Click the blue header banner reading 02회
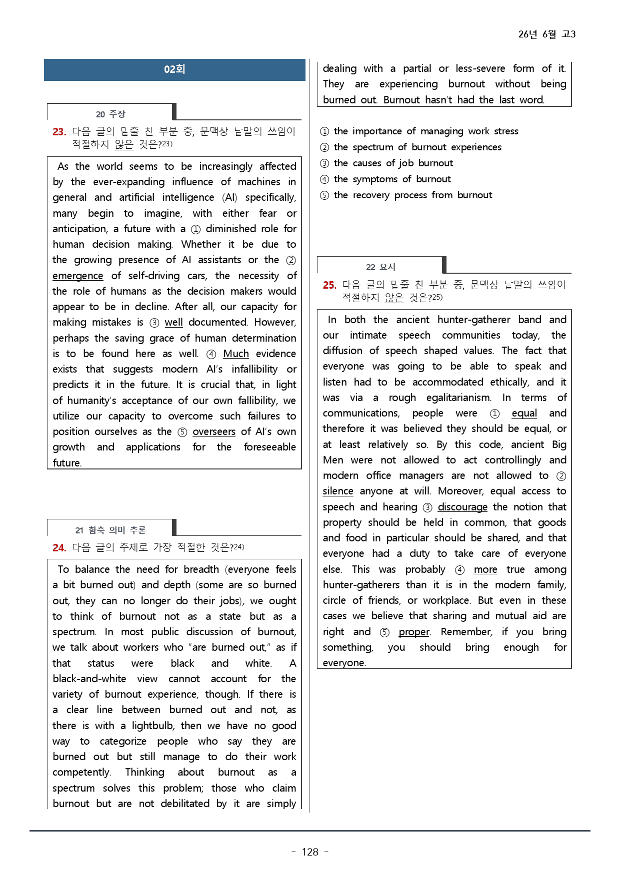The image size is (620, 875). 174,69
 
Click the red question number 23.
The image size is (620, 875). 59,132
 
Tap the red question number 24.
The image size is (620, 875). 59,548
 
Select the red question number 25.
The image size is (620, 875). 329,285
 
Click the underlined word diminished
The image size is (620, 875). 230,229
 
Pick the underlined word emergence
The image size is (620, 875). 77,276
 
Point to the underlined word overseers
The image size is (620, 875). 213,432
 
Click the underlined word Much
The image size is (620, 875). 235,354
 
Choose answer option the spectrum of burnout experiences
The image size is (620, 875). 417,147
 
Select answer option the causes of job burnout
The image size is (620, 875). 393,163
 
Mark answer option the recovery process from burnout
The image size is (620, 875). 412,195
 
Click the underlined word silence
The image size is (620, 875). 337,491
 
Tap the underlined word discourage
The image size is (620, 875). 462,507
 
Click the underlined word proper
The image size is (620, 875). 414,632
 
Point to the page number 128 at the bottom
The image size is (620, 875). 310,852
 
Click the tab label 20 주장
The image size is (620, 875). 110,114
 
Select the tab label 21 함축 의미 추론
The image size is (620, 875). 110,530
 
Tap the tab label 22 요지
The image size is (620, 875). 380,267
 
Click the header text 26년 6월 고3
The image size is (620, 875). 546,34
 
